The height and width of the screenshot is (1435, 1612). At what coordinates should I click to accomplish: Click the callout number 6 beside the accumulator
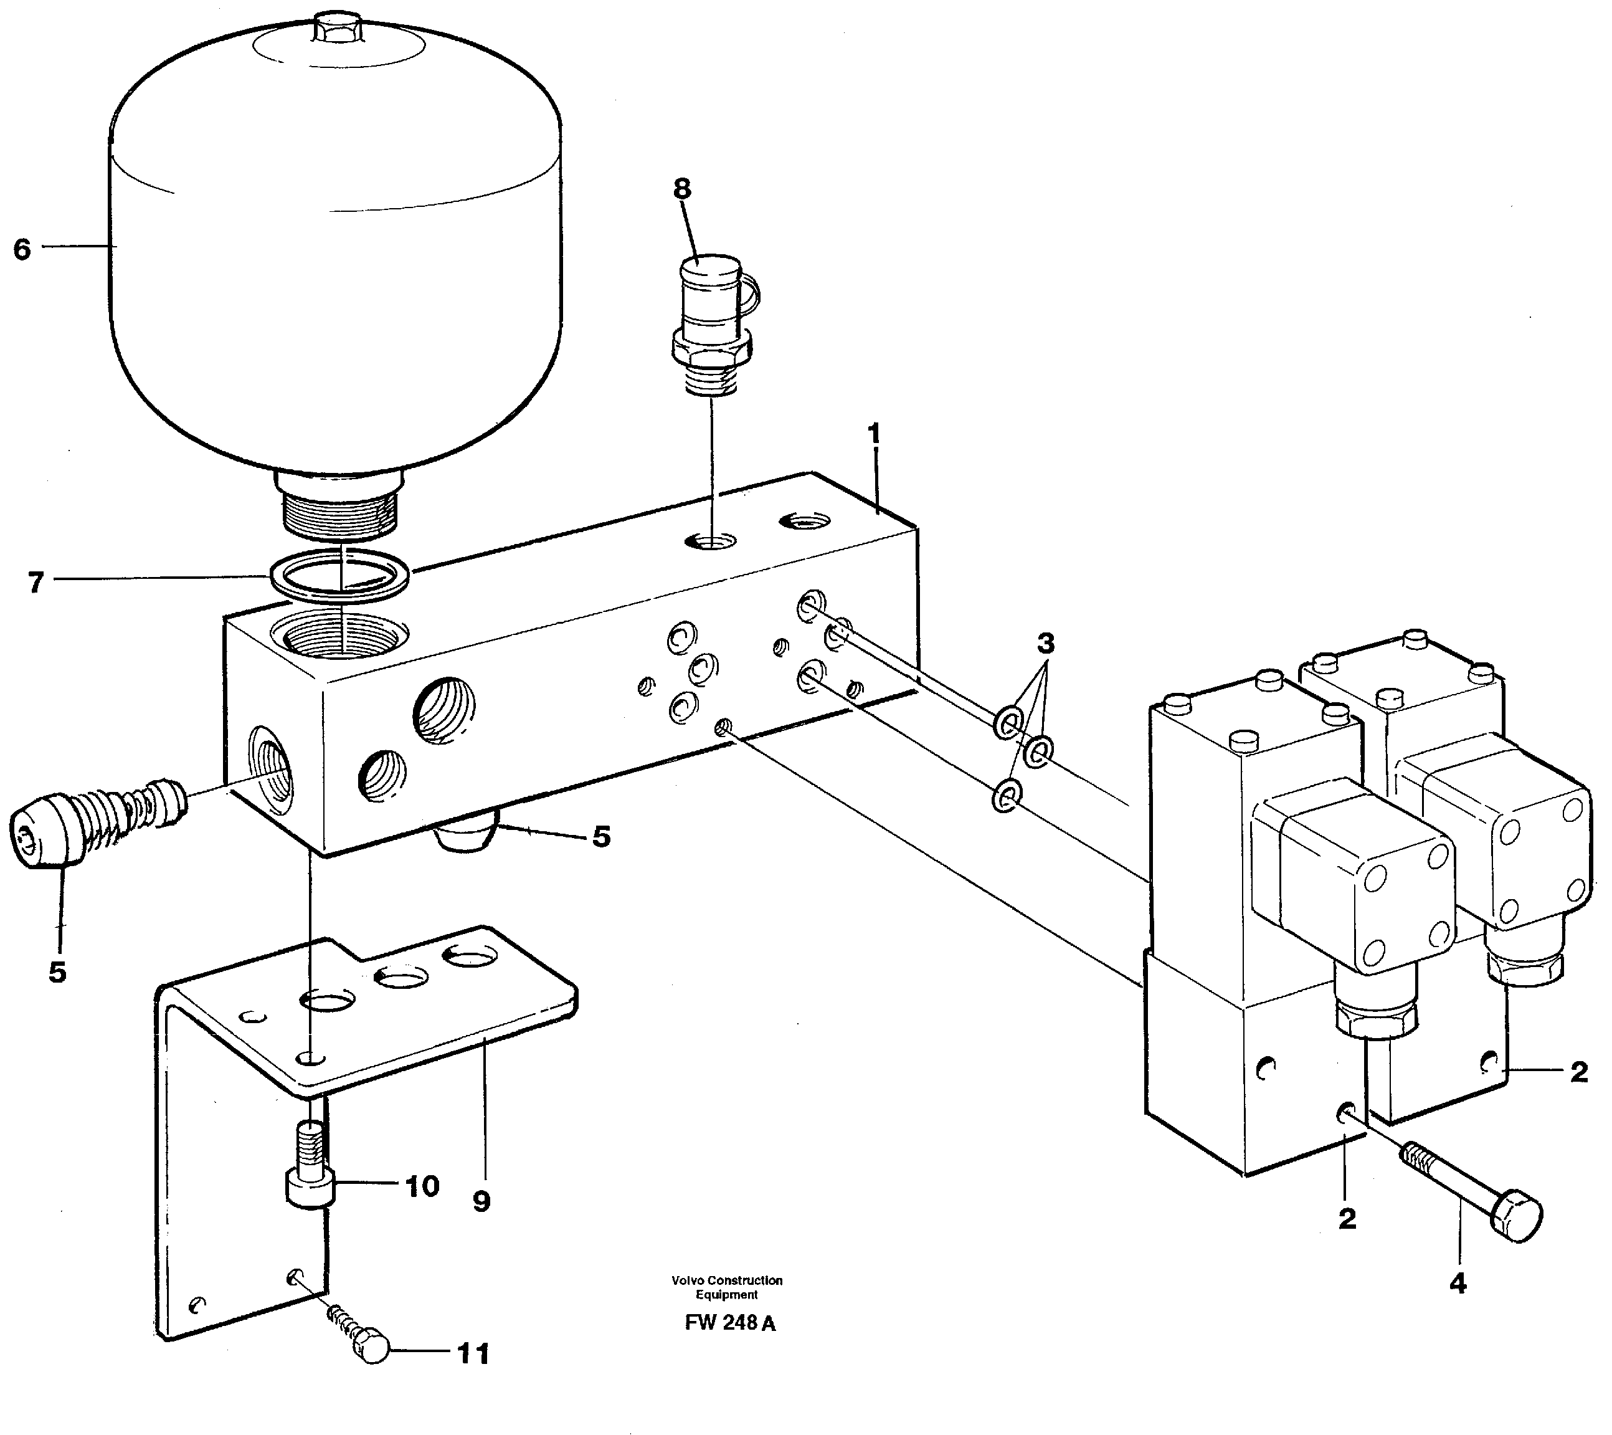pos(22,249)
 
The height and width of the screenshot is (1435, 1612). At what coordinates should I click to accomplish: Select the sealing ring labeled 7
pos(339,575)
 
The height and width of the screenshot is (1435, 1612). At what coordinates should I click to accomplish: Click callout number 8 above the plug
pos(682,189)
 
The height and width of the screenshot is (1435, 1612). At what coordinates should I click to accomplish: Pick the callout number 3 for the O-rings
pos(1045,644)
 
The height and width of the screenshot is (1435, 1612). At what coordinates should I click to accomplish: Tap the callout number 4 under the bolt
pos(1458,1284)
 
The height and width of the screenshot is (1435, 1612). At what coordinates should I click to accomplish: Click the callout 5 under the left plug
pos(57,973)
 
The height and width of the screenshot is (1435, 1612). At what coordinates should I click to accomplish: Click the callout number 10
pos(422,1186)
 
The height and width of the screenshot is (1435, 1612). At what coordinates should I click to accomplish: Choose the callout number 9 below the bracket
pos(481,1203)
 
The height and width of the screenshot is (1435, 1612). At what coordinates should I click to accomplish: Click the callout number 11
pos(473,1355)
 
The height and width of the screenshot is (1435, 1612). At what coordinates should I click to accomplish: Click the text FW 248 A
pos(729,1323)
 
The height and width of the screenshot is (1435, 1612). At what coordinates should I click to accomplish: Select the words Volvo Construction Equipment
pos(726,1287)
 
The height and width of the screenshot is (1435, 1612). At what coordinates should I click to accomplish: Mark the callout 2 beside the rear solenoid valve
pos(1578,1072)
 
